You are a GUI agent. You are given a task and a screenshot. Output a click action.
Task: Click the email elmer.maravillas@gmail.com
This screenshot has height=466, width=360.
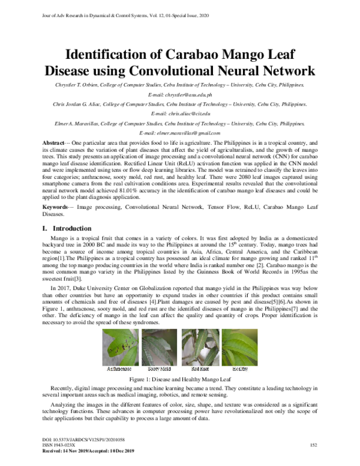[179, 132]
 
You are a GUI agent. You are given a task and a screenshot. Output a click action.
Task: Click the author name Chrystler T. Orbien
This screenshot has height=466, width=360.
[73, 85]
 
